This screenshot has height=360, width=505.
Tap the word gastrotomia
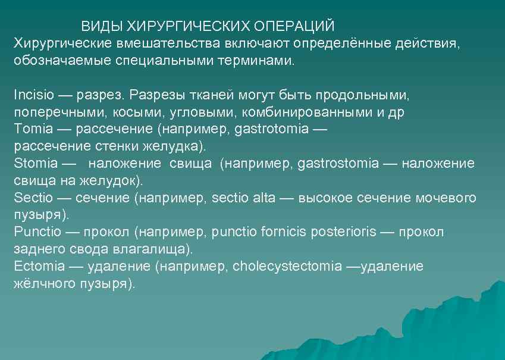coord(271,129)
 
